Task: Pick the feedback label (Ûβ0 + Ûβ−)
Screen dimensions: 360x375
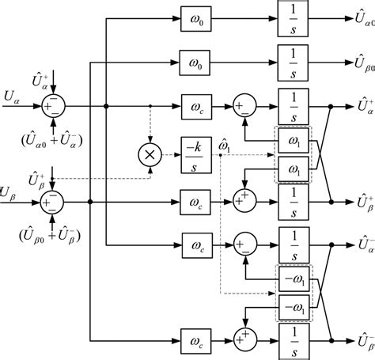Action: coord(54,237)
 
